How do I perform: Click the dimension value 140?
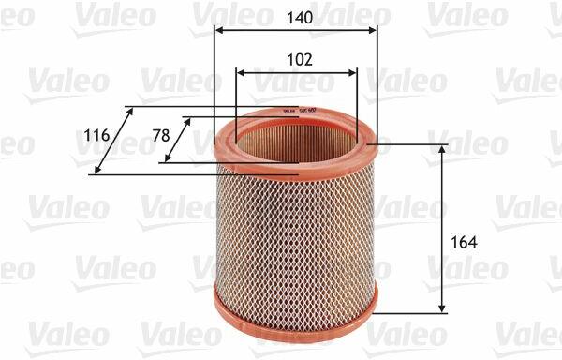tap(300, 18)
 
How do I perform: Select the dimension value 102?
tap(300, 59)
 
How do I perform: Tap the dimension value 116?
tap(96, 136)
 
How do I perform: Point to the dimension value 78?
tap(161, 136)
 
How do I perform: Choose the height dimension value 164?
tap(465, 243)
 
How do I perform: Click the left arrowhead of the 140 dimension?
tap(218, 30)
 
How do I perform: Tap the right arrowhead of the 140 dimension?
tap(373, 30)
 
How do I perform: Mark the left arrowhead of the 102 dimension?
tap(241, 73)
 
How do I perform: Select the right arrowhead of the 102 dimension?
tap(353, 73)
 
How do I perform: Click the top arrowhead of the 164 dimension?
tap(442, 149)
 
